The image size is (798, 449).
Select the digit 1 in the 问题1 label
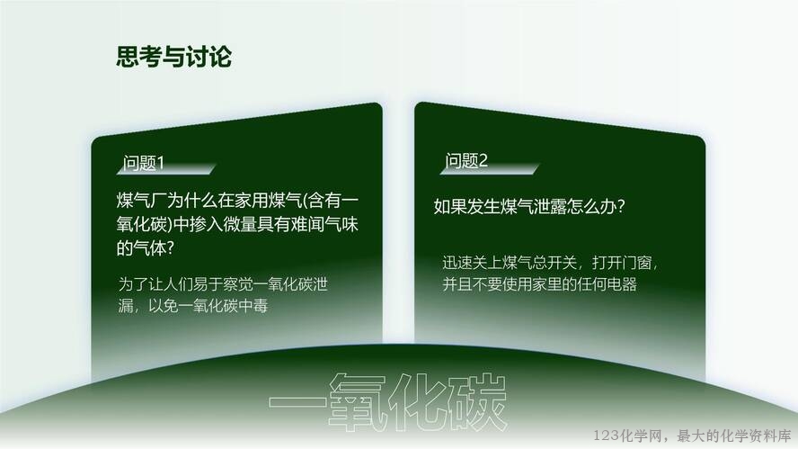coord(161,163)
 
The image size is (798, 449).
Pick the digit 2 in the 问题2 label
coord(483,160)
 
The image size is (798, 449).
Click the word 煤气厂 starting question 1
coord(141,201)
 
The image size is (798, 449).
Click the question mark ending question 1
coord(171,248)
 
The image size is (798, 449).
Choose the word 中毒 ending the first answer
coord(253,306)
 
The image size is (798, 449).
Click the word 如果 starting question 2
coord(450,206)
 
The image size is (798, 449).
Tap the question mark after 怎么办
coord(620,206)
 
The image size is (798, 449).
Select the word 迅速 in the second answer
coord(457,263)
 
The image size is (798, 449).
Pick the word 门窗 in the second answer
coord(636,263)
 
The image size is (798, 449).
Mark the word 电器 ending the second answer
coord(622,283)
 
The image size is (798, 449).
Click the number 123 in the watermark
coord(606,436)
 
